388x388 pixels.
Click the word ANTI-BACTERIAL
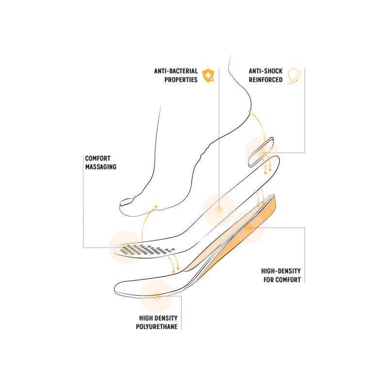tap(176, 71)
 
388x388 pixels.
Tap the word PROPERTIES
tap(181, 80)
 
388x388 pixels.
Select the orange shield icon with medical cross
tap(209, 76)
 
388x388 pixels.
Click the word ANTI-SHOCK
tap(265, 71)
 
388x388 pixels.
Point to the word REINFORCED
tap(265, 80)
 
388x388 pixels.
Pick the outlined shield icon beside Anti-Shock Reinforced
tap(294, 76)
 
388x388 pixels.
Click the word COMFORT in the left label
tap(98, 158)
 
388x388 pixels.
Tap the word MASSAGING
tap(101, 167)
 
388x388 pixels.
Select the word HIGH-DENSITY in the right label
tap(281, 271)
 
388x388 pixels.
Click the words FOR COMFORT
tap(282, 280)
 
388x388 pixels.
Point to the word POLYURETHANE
tap(157, 326)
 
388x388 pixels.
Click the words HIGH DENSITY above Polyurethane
tap(159, 318)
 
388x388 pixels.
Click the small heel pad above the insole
tap(261, 152)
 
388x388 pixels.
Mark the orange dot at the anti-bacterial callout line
tap(219, 210)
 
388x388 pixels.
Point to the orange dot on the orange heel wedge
tap(248, 227)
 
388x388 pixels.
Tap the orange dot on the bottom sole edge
tap(156, 296)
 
